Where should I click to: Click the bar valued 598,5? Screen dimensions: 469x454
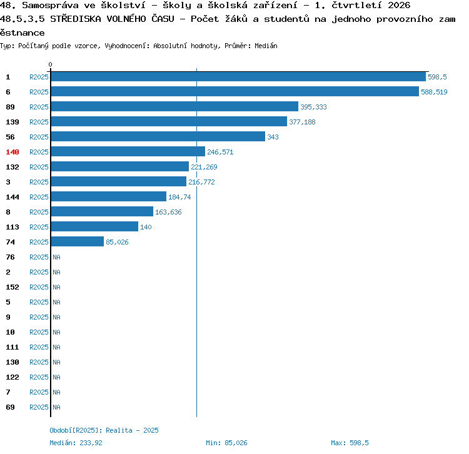[x=238, y=76]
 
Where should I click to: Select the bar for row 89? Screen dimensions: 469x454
[x=174, y=106]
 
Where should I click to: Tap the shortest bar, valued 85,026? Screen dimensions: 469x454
[x=78, y=241]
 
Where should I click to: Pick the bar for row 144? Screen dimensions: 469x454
[x=109, y=196]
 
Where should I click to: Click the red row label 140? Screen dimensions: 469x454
[x=13, y=152]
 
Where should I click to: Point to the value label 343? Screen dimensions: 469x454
[x=273, y=137]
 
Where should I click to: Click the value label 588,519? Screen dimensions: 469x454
[x=434, y=92]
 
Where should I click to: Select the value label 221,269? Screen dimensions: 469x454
[x=204, y=167]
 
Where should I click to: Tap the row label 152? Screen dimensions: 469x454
[x=13, y=287]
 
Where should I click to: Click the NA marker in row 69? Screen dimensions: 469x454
[x=56, y=407]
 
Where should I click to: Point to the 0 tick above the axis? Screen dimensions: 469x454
[x=50, y=64]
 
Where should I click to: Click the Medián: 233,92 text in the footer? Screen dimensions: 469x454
[x=76, y=443]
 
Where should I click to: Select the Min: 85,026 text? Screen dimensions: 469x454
[x=226, y=443]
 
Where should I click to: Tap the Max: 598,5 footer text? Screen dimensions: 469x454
[x=350, y=443]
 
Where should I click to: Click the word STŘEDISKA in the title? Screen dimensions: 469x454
[x=76, y=19]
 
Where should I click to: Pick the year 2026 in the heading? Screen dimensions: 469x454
[x=399, y=5]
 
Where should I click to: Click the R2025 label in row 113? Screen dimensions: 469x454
[x=39, y=227]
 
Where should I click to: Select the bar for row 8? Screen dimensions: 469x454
[x=103, y=211]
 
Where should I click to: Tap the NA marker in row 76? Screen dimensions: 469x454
[x=56, y=257]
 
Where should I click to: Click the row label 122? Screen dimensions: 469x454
[x=13, y=377]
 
